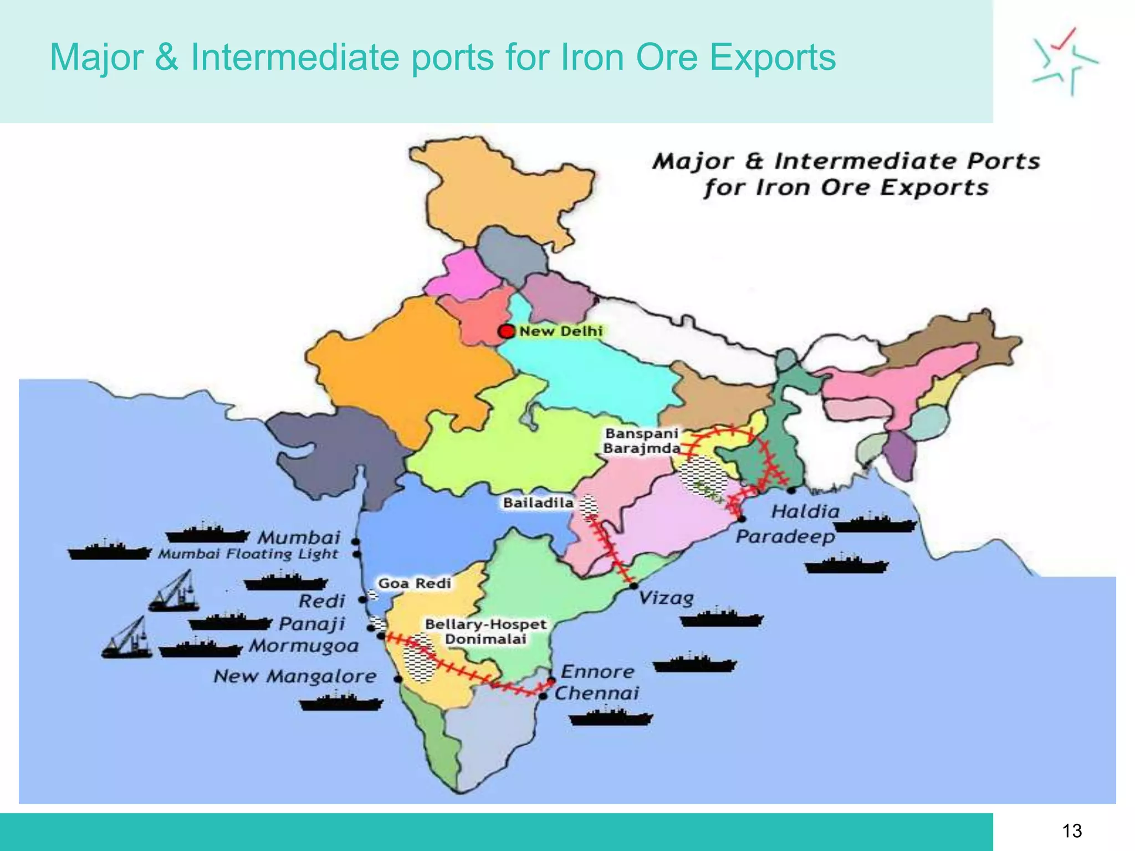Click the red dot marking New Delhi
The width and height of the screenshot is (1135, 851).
(x=506, y=331)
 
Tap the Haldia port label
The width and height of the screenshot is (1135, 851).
(x=805, y=511)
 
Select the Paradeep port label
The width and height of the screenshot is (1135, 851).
(x=785, y=536)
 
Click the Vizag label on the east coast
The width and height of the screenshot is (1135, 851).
(x=666, y=598)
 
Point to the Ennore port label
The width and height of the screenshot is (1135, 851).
(x=597, y=671)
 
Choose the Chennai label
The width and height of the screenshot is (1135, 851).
(x=597, y=693)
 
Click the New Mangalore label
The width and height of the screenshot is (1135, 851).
(x=295, y=676)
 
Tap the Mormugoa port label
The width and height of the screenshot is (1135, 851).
(x=304, y=645)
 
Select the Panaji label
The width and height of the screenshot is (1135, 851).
(x=311, y=624)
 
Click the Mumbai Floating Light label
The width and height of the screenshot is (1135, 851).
(x=248, y=554)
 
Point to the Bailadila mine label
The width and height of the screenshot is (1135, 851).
(x=538, y=503)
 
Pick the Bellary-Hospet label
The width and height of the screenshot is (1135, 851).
(x=485, y=624)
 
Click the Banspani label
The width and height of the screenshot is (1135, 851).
(x=642, y=433)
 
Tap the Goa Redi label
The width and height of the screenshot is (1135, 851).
(x=415, y=583)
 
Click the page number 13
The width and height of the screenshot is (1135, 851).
(x=1072, y=831)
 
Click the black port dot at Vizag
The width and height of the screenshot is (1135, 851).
(x=633, y=585)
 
